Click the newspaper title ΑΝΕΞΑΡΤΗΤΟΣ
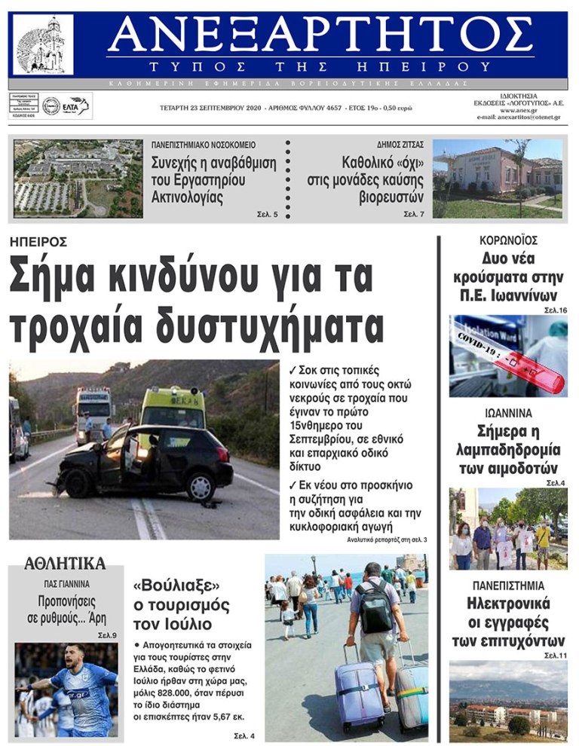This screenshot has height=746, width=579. coord(320,34)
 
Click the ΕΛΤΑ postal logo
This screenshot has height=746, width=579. coord(75,106)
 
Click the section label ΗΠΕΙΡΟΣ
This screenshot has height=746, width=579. coord(38,242)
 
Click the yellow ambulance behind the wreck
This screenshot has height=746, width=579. coord(173,407)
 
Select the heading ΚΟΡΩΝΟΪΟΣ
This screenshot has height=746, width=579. coord(508,240)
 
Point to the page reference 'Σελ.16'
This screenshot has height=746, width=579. coord(555,310)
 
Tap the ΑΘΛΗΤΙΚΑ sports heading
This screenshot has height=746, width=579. coord(65,563)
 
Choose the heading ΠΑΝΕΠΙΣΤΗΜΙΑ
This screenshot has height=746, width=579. coord(508,585)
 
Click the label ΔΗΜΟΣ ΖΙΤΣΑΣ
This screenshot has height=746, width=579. coord(400,144)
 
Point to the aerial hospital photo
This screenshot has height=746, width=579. coord(78,179)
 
